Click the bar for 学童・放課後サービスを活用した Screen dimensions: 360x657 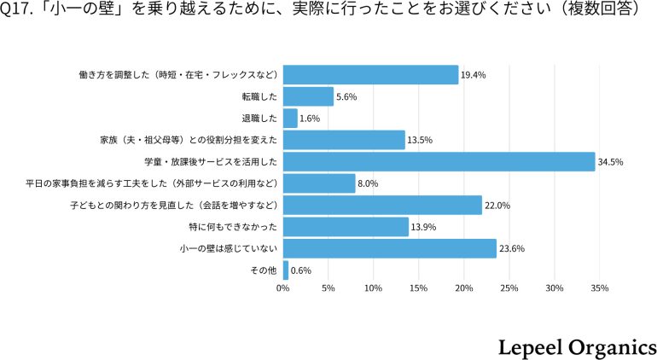(x=439, y=161)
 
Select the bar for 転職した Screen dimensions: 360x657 (x=308, y=96)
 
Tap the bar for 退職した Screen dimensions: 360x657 (x=290, y=118)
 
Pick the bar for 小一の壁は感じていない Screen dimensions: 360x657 (x=389, y=248)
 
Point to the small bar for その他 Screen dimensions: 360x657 (x=286, y=270)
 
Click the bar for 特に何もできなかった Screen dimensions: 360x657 (x=346, y=227)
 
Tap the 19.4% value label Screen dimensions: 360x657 (x=474, y=75)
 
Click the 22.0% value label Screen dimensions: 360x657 (x=497, y=205)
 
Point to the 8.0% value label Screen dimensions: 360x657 (x=368, y=183)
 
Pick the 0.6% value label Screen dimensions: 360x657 (x=301, y=270)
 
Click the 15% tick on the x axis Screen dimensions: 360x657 (x=418, y=289)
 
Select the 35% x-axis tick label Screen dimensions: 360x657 (x=599, y=289)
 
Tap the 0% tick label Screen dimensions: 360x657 (x=283, y=289)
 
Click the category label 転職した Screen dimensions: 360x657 (x=260, y=96)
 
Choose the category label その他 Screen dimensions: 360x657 (x=262, y=270)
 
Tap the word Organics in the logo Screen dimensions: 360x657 (x=611, y=345)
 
